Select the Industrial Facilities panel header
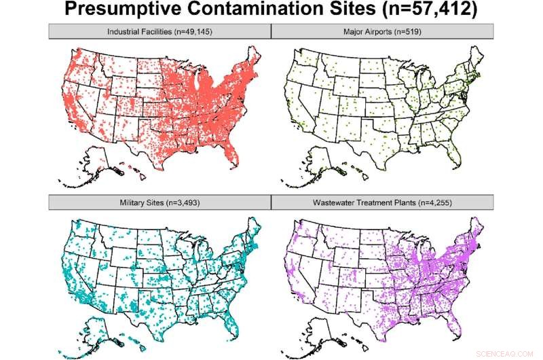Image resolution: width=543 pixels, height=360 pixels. coord(160,31)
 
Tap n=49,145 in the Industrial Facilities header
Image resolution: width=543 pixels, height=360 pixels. coord(192,31)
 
